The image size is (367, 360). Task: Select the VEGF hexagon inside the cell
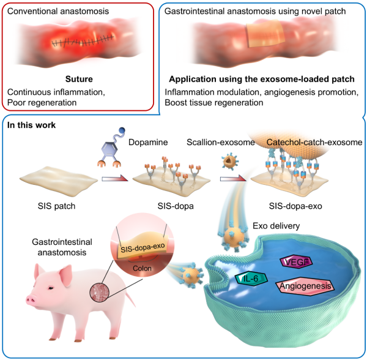pyautogui.click(x=298, y=262)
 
